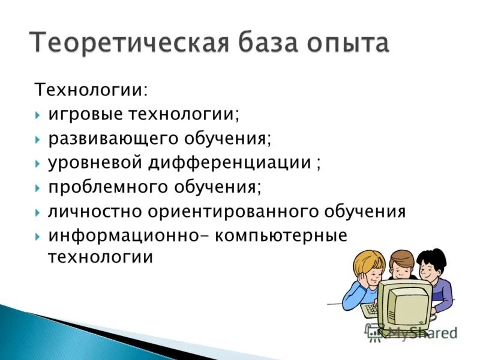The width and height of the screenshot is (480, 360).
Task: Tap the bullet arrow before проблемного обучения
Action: click(x=38, y=188)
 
